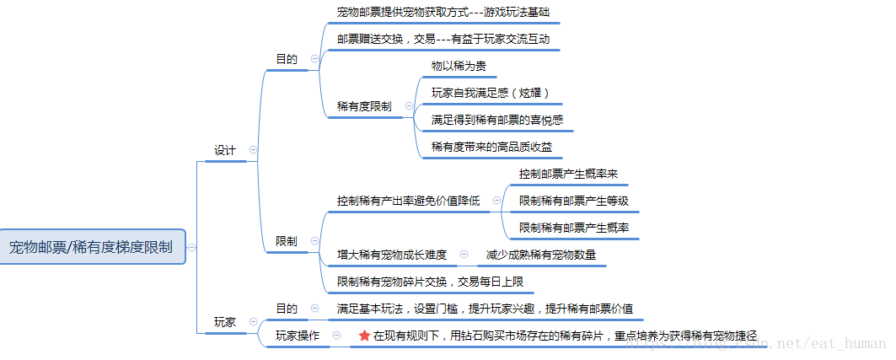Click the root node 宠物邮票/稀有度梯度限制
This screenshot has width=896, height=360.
(x=91, y=247)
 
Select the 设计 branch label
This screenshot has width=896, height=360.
(x=224, y=150)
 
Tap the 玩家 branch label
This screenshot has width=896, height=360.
(x=224, y=322)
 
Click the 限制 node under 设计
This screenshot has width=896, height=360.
(x=287, y=241)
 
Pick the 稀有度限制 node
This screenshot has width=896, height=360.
(x=364, y=106)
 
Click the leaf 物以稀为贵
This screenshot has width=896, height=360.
(x=459, y=66)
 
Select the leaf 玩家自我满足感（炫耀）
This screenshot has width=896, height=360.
(x=490, y=93)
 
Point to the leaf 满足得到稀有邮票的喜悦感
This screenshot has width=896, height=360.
(x=497, y=120)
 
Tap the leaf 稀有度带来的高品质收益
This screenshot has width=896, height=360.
(x=492, y=147)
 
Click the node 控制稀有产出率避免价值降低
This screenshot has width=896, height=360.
(x=408, y=201)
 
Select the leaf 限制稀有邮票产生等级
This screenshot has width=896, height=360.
(x=573, y=201)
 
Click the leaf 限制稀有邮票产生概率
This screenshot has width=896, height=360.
(x=573, y=228)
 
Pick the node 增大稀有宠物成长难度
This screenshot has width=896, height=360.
(x=392, y=254)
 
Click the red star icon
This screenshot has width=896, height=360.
(x=364, y=336)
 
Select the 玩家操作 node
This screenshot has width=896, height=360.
(x=298, y=336)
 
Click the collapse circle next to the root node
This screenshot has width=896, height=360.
(x=193, y=247)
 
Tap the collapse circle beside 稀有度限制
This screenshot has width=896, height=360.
(x=409, y=106)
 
